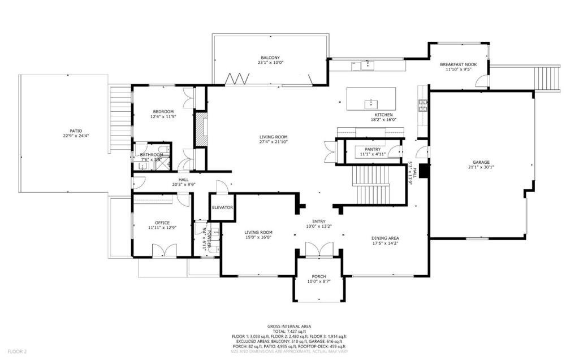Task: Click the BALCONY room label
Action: tap(270, 58)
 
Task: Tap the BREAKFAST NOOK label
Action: tap(458, 64)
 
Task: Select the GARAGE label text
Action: tap(481, 162)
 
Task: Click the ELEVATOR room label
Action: tap(222, 207)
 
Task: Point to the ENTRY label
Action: tap(319, 221)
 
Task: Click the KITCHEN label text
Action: tap(383, 115)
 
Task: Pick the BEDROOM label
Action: tap(162, 111)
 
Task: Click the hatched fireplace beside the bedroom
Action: tap(200, 131)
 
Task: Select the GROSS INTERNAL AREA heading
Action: tap(289, 326)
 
